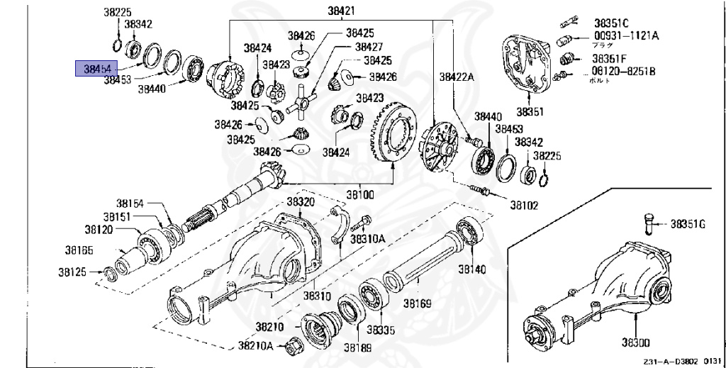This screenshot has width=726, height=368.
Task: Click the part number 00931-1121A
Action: pyautogui.click(x=626, y=35)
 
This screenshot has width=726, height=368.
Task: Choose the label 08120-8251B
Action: pyautogui.click(x=623, y=72)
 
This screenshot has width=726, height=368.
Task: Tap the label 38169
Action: pyautogui.click(x=418, y=303)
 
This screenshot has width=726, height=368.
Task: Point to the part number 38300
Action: pyautogui.click(x=636, y=342)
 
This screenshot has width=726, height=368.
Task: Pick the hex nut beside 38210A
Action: pyautogui.click(x=291, y=347)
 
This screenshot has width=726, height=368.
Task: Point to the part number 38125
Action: pyautogui.click(x=80, y=272)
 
